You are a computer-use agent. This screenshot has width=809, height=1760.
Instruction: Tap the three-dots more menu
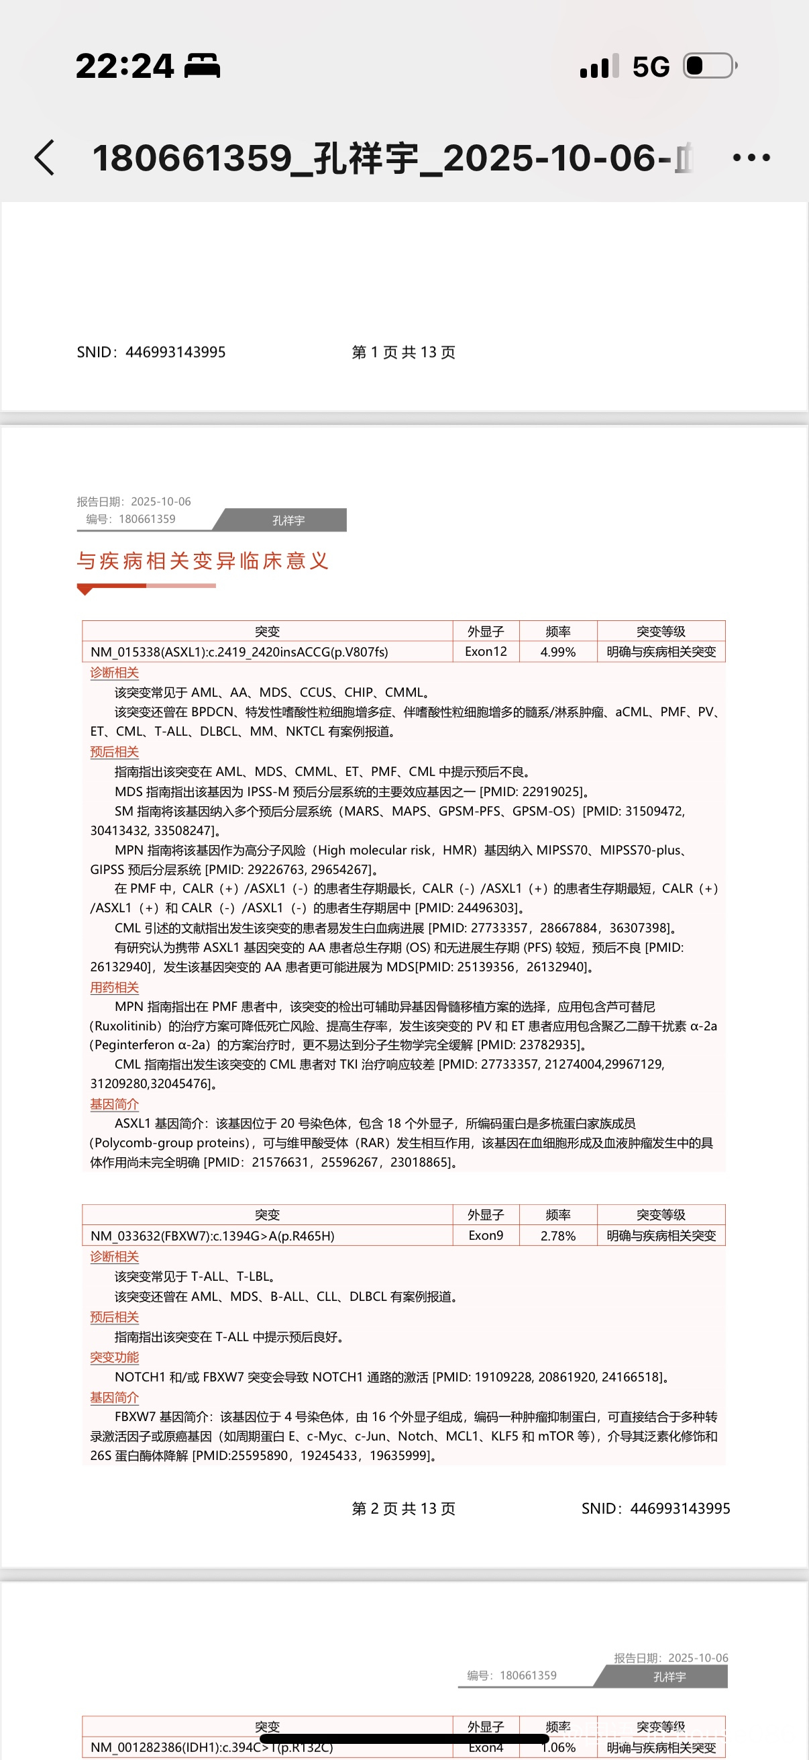(x=751, y=158)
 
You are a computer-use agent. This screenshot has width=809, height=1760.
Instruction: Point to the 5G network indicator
(x=651, y=67)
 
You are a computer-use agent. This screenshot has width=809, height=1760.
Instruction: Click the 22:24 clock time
(x=125, y=66)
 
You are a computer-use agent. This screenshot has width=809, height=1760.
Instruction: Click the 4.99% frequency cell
(x=557, y=652)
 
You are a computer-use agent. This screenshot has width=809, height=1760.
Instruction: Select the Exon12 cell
(x=486, y=652)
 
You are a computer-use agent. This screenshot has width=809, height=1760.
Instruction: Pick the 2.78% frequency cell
(x=557, y=1235)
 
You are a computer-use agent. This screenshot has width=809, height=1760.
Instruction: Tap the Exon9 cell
(x=486, y=1235)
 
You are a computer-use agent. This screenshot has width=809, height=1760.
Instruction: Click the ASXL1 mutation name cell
(x=239, y=652)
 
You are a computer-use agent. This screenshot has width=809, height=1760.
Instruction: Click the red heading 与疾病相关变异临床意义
(x=203, y=561)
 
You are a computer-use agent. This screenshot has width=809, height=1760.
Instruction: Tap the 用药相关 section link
(x=114, y=987)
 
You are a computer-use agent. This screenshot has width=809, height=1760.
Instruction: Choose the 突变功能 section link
(x=114, y=1357)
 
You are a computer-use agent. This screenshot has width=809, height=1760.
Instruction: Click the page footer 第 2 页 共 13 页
(x=402, y=1508)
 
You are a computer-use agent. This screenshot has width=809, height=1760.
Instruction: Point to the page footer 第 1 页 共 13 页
(x=402, y=352)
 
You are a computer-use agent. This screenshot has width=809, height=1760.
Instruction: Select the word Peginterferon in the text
(x=136, y=1044)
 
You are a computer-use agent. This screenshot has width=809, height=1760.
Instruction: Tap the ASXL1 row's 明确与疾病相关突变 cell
(x=661, y=652)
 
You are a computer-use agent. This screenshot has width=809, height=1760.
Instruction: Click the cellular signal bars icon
(x=599, y=66)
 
